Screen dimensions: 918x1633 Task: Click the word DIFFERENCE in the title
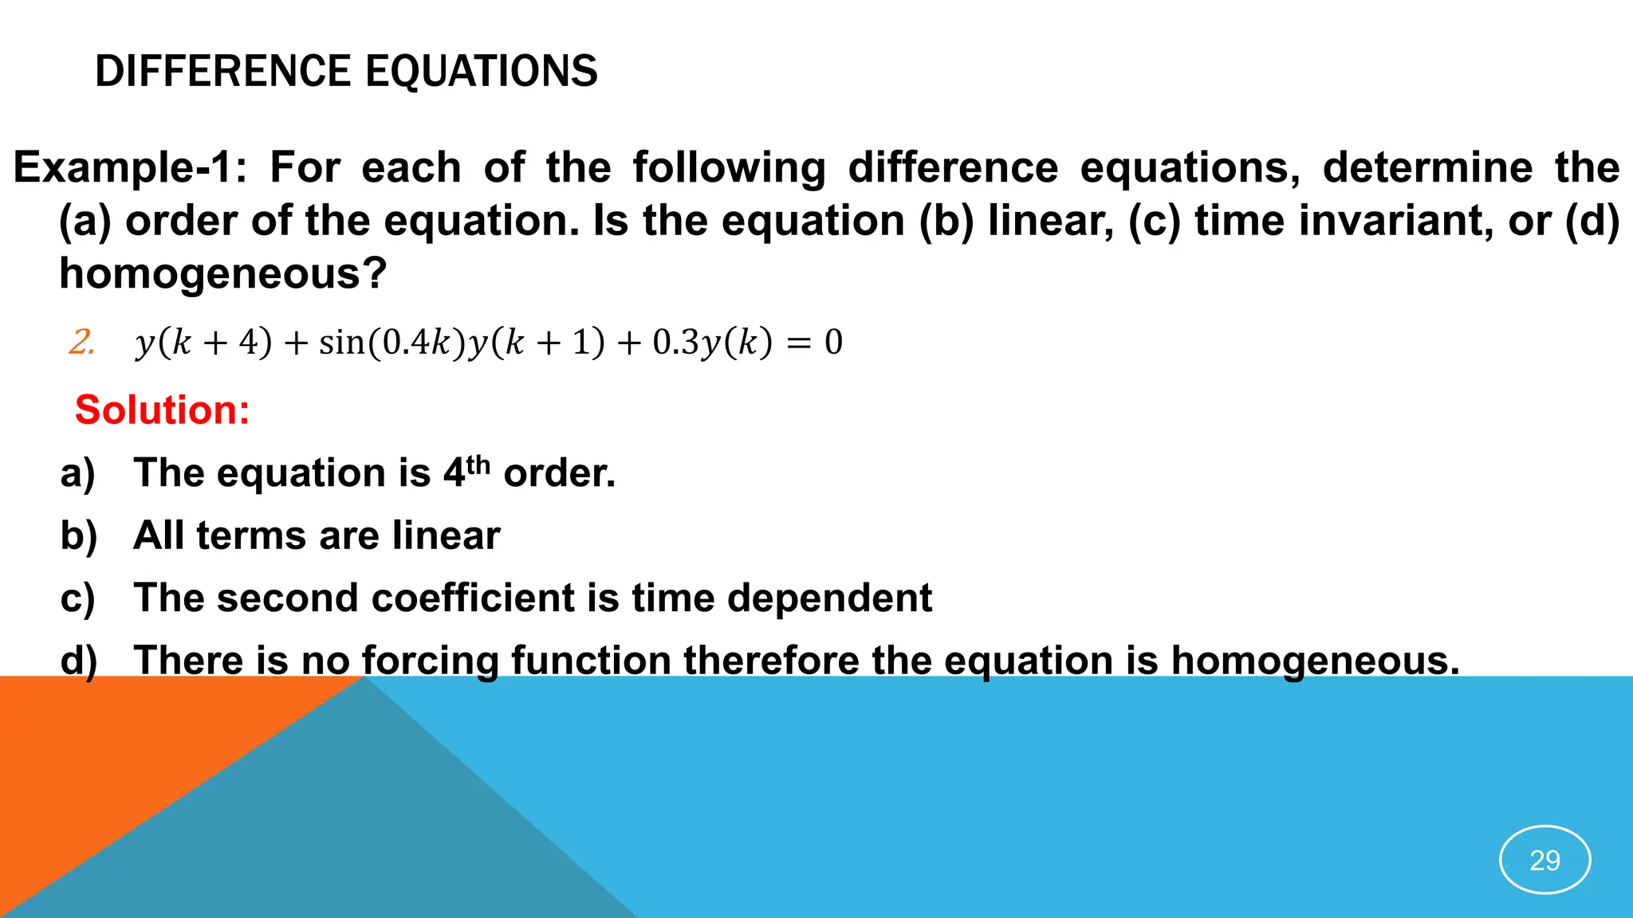224,71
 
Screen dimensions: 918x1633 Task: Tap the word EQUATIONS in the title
482,71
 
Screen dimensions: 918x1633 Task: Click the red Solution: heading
163,410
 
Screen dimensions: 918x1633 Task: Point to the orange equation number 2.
81,342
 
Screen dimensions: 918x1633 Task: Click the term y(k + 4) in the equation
204,342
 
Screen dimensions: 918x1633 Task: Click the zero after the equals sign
833,342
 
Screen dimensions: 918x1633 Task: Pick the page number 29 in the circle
1544,860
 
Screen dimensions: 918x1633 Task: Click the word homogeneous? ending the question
223,273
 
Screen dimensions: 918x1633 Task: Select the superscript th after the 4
478,464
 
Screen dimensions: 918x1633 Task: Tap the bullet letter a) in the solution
78,473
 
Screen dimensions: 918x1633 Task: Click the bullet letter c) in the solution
78,598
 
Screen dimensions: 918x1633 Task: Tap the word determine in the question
1427,168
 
